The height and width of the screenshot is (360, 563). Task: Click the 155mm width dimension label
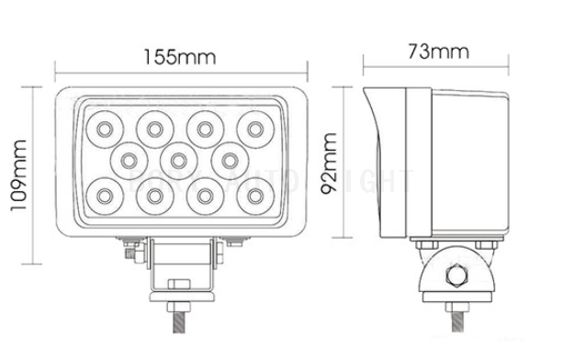[x=179, y=56]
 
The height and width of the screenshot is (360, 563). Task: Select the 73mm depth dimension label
[x=437, y=51]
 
